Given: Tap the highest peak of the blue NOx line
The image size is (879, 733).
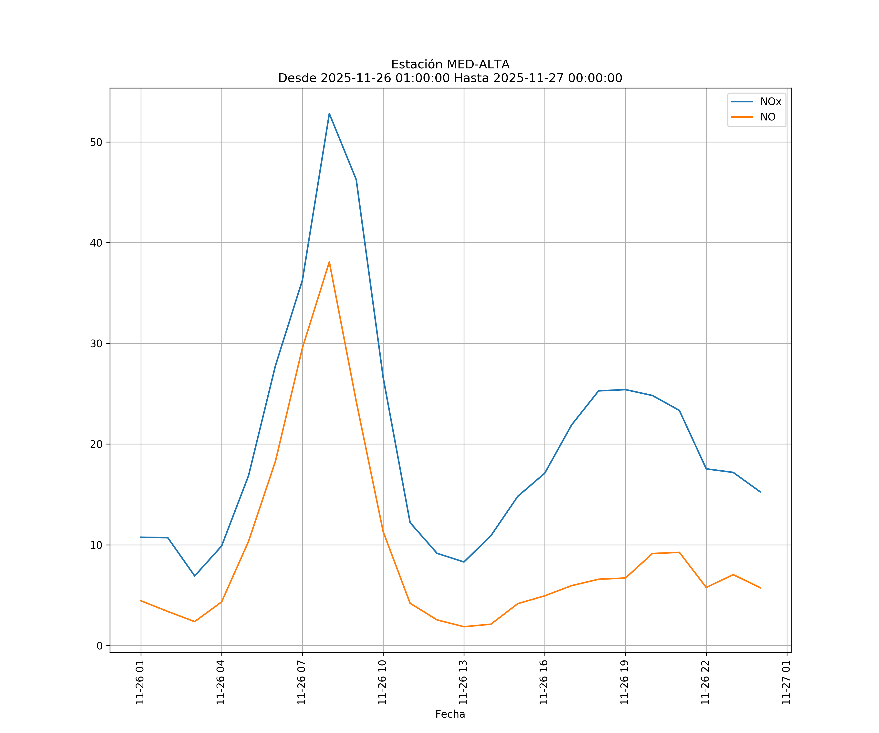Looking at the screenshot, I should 329,114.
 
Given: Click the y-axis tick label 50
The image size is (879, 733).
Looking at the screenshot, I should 96,142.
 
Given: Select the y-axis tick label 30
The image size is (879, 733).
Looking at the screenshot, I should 96,344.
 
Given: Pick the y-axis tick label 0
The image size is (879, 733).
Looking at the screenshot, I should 100,646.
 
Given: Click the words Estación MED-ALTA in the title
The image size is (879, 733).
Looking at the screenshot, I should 450,65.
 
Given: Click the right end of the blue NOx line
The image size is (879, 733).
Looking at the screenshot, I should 760,492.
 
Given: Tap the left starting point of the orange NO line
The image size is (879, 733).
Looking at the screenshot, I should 141,601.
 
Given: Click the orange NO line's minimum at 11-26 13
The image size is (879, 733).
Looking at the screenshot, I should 464,627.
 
